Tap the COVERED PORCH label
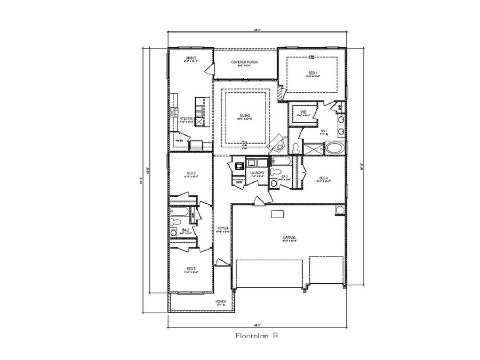tap(245, 62)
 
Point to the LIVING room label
tap(245, 116)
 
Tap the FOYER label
tap(223, 228)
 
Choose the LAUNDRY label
tap(257, 173)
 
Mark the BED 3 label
tap(191, 173)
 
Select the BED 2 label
tap(191, 268)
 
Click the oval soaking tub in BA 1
tap(335, 147)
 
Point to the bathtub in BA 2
tap(178, 212)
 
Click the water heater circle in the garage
tap(339, 211)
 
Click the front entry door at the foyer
tap(219, 262)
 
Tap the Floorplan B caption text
tap(257, 336)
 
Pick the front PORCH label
tap(220, 301)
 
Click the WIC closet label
tap(303, 112)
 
